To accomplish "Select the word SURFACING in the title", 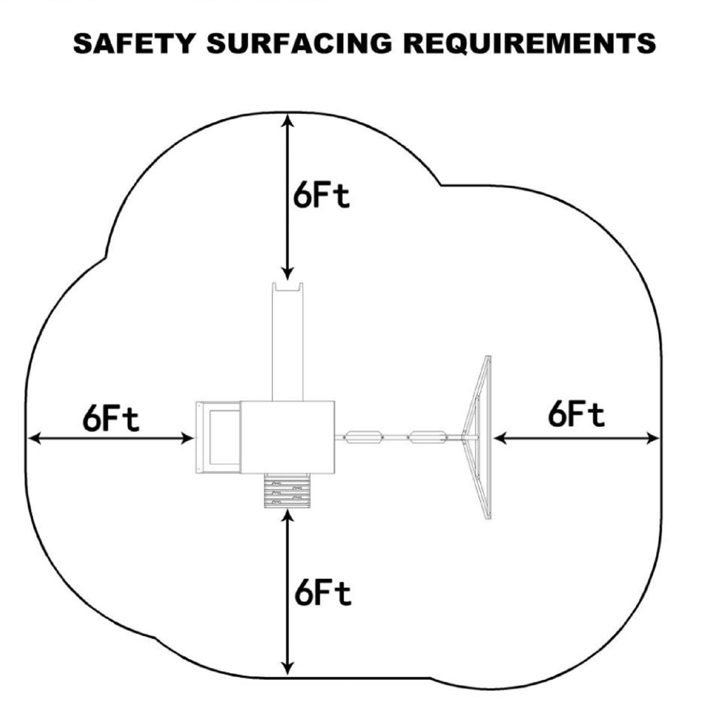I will coord(299,43).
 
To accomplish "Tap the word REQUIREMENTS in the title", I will coord(529,43).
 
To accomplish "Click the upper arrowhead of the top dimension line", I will coord(288,119).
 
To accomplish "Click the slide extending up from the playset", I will coord(288,343).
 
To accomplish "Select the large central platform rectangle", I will coord(287,437).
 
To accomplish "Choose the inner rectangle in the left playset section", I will coord(225,438).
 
